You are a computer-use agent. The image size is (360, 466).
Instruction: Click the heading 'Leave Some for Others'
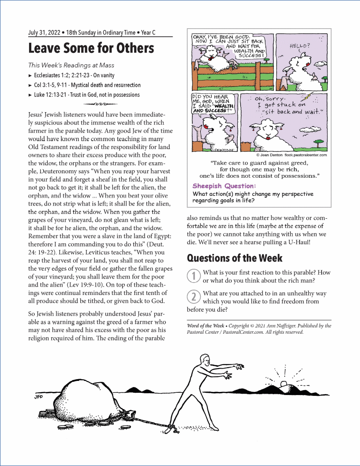pyautogui.click(x=91, y=48)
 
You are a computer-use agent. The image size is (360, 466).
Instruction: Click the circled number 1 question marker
pyautogui.click(x=193, y=276)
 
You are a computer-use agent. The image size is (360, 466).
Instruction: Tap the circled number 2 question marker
pyautogui.click(x=193, y=296)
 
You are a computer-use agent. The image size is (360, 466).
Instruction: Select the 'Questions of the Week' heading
pyautogui.click(x=235, y=258)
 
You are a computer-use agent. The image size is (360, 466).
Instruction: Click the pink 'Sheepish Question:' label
pyautogui.click(x=224, y=186)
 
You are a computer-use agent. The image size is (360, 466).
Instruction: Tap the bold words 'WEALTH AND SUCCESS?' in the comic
pyautogui.click(x=214, y=108)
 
